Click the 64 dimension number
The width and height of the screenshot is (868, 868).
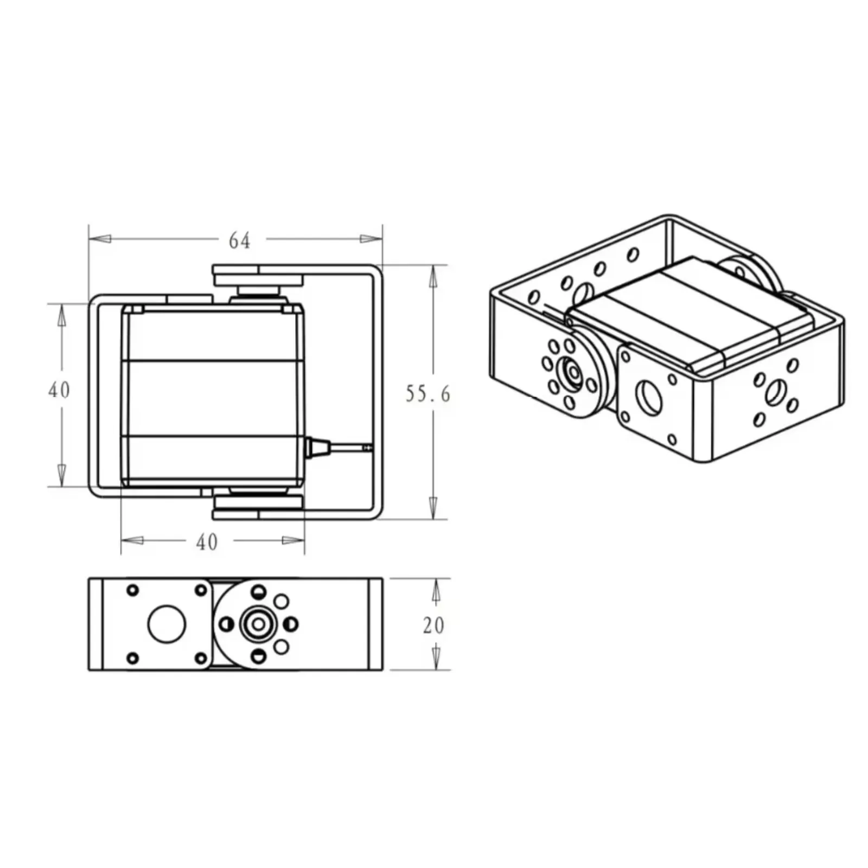(239, 240)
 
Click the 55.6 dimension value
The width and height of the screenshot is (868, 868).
(427, 394)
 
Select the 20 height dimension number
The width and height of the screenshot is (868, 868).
(433, 625)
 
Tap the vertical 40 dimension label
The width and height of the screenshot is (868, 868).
(59, 390)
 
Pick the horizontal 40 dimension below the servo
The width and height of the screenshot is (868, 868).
(207, 541)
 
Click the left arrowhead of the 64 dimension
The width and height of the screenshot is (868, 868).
(100, 239)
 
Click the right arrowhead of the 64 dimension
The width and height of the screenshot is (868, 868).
(371, 239)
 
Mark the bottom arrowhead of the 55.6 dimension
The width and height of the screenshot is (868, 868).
(433, 508)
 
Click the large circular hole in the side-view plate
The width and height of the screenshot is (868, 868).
(167, 624)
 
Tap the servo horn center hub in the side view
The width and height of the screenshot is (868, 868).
(258, 624)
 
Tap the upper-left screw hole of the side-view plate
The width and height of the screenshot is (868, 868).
(132, 590)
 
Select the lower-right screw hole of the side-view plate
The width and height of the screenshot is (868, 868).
(201, 658)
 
